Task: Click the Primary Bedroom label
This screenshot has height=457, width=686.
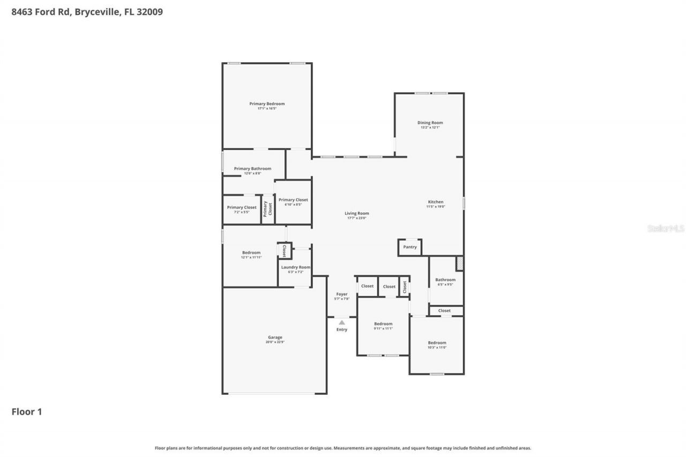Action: coord(267,104)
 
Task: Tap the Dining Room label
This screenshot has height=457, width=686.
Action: coord(430,123)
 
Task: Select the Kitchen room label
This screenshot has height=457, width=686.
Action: coord(435,202)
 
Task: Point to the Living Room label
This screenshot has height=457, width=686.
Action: coord(357,213)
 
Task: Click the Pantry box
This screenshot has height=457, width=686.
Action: coord(410,247)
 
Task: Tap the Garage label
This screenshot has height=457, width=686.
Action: coord(275,338)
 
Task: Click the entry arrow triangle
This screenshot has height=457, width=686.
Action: coord(342,323)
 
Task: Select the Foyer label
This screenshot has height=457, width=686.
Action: coord(342,294)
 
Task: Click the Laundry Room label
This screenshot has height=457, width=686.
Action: coord(296,267)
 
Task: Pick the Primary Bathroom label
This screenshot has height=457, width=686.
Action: coord(252,169)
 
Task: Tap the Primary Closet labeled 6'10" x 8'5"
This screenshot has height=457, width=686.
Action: coord(293,200)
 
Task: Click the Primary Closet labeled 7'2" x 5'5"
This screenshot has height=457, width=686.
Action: coord(242,207)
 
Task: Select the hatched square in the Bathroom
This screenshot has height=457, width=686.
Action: coord(459,264)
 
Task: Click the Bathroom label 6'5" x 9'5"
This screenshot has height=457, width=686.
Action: coord(445,280)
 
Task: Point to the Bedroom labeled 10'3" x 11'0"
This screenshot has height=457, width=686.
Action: coord(437,343)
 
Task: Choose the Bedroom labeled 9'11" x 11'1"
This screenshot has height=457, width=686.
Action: coord(383,324)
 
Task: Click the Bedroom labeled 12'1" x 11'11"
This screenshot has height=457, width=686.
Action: coord(251,253)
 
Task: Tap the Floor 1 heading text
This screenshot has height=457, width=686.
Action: coord(27,411)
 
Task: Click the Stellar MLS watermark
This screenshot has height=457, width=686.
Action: coord(666,228)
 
